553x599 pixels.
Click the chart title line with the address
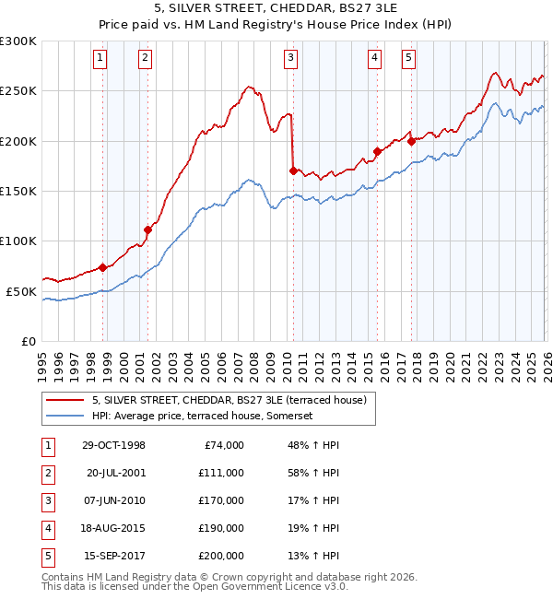276,8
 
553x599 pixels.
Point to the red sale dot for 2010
293,170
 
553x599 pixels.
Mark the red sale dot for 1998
103,267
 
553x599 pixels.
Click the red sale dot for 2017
411,141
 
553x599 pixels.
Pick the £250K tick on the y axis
18,91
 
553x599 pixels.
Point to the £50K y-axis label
21,291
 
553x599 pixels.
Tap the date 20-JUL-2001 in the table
116,472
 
